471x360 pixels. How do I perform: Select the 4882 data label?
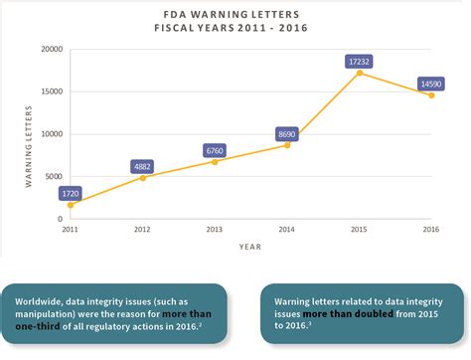pos(142,166)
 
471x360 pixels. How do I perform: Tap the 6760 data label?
pos(215,150)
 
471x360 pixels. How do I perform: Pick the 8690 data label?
pos(287,133)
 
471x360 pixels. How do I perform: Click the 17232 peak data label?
pos(360,61)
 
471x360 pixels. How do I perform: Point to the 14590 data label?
pos(432,84)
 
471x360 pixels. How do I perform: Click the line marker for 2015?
pos(360,73)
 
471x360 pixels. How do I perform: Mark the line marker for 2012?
pos(142,177)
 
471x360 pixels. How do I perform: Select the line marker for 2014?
pos(287,145)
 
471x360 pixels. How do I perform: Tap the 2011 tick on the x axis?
pos(70,229)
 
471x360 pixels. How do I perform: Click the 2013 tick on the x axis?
pos(215,229)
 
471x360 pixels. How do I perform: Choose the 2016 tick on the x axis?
pos(432,229)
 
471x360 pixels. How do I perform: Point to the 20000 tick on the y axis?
pos(51,49)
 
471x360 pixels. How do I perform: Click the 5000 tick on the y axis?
pos(55,176)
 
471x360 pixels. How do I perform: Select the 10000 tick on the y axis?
pos(51,133)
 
